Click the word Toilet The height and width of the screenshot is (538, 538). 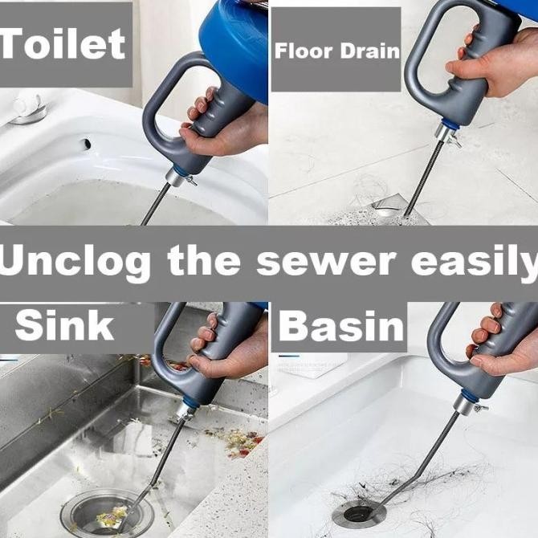[x=63, y=43]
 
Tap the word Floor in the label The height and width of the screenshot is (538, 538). [x=304, y=51]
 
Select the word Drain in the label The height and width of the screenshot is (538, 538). [x=370, y=51]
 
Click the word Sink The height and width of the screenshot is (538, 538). [x=64, y=324]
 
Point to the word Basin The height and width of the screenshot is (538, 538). [x=341, y=325]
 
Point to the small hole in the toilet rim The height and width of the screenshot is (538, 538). [x=86, y=144]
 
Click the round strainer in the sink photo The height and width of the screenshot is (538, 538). [x=107, y=514]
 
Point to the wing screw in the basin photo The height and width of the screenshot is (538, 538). [x=479, y=408]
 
